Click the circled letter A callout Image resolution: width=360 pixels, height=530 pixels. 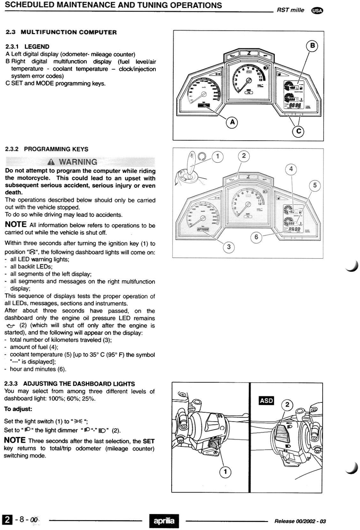click(232, 122)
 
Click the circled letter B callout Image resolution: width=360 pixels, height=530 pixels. click(312, 46)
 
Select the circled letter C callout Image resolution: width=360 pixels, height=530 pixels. click(299, 131)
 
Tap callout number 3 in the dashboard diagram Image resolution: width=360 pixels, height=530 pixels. click(228, 247)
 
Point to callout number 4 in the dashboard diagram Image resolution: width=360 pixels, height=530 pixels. click(291, 169)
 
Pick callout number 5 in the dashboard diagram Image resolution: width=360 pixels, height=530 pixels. click(315, 185)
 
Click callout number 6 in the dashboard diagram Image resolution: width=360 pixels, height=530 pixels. click(256, 237)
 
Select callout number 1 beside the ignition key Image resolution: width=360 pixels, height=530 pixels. click(217, 156)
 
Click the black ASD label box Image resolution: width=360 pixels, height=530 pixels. click(266, 401)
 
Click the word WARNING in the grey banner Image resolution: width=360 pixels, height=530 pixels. click(78, 162)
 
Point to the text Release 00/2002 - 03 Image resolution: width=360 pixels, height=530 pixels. click(300, 521)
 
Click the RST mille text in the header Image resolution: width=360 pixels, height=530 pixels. click(290, 10)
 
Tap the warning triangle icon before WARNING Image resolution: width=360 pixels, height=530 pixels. click(51, 162)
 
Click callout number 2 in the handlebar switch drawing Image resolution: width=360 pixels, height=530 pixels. click(287, 404)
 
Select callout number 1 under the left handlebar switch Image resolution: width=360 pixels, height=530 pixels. click(225, 472)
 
